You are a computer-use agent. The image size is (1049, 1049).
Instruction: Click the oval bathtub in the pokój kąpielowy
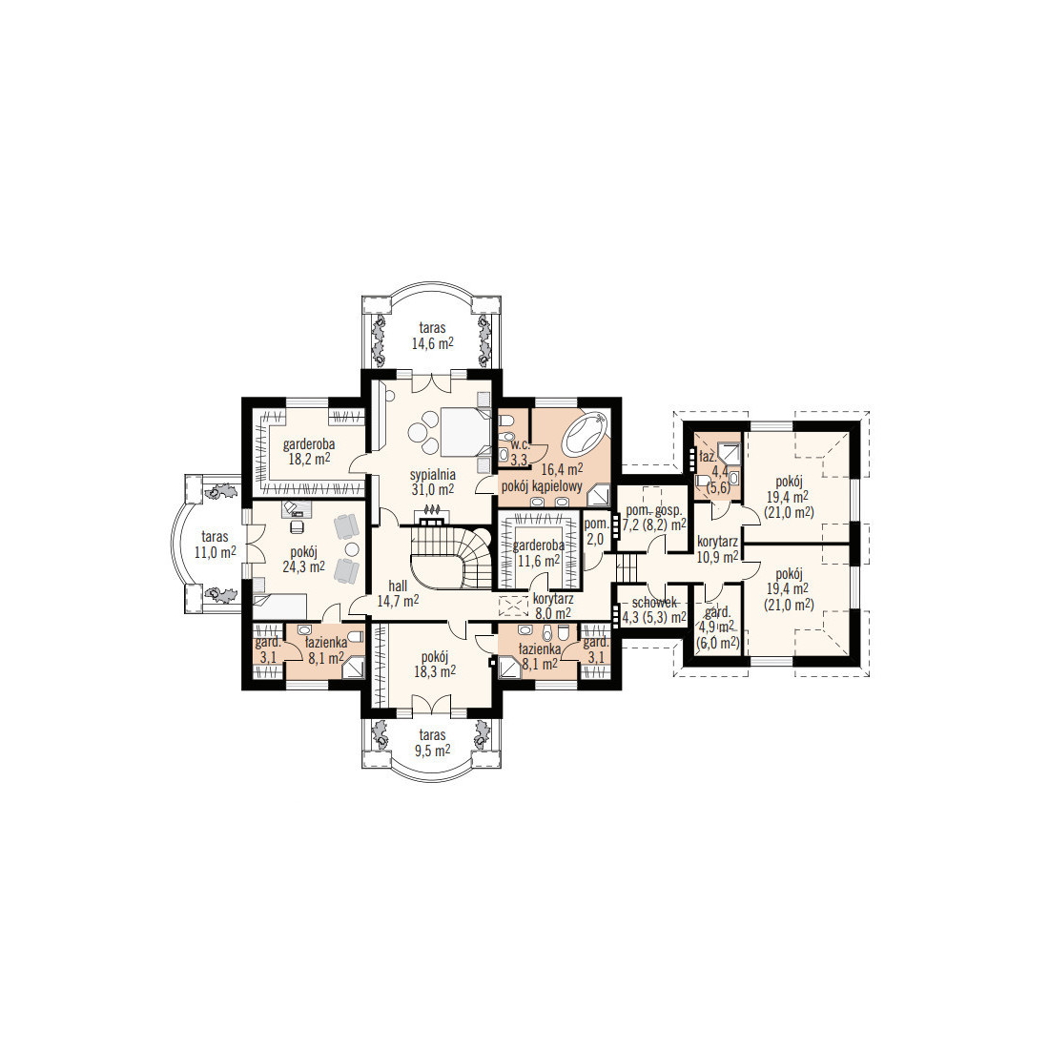click(x=586, y=433)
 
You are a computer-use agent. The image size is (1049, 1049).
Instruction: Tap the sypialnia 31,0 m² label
click(x=434, y=482)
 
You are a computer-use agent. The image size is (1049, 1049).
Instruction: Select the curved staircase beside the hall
click(x=451, y=557)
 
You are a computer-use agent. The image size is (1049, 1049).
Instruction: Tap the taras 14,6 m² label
click(x=432, y=336)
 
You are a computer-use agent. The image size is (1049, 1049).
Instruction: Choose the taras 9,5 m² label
click(x=432, y=743)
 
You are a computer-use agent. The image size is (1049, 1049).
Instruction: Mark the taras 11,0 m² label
click(x=215, y=545)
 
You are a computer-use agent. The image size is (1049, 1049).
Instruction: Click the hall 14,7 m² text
click(x=398, y=593)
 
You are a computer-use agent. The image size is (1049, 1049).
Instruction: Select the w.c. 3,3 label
click(x=519, y=453)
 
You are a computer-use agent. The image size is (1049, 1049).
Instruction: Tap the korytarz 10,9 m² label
click(x=717, y=548)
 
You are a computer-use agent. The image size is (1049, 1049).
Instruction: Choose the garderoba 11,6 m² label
click(x=539, y=553)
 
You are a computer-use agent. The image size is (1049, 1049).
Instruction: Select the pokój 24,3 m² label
click(x=303, y=559)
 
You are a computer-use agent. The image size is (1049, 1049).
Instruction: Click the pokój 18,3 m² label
click(x=434, y=664)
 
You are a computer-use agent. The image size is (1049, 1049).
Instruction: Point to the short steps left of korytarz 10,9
click(x=627, y=568)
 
